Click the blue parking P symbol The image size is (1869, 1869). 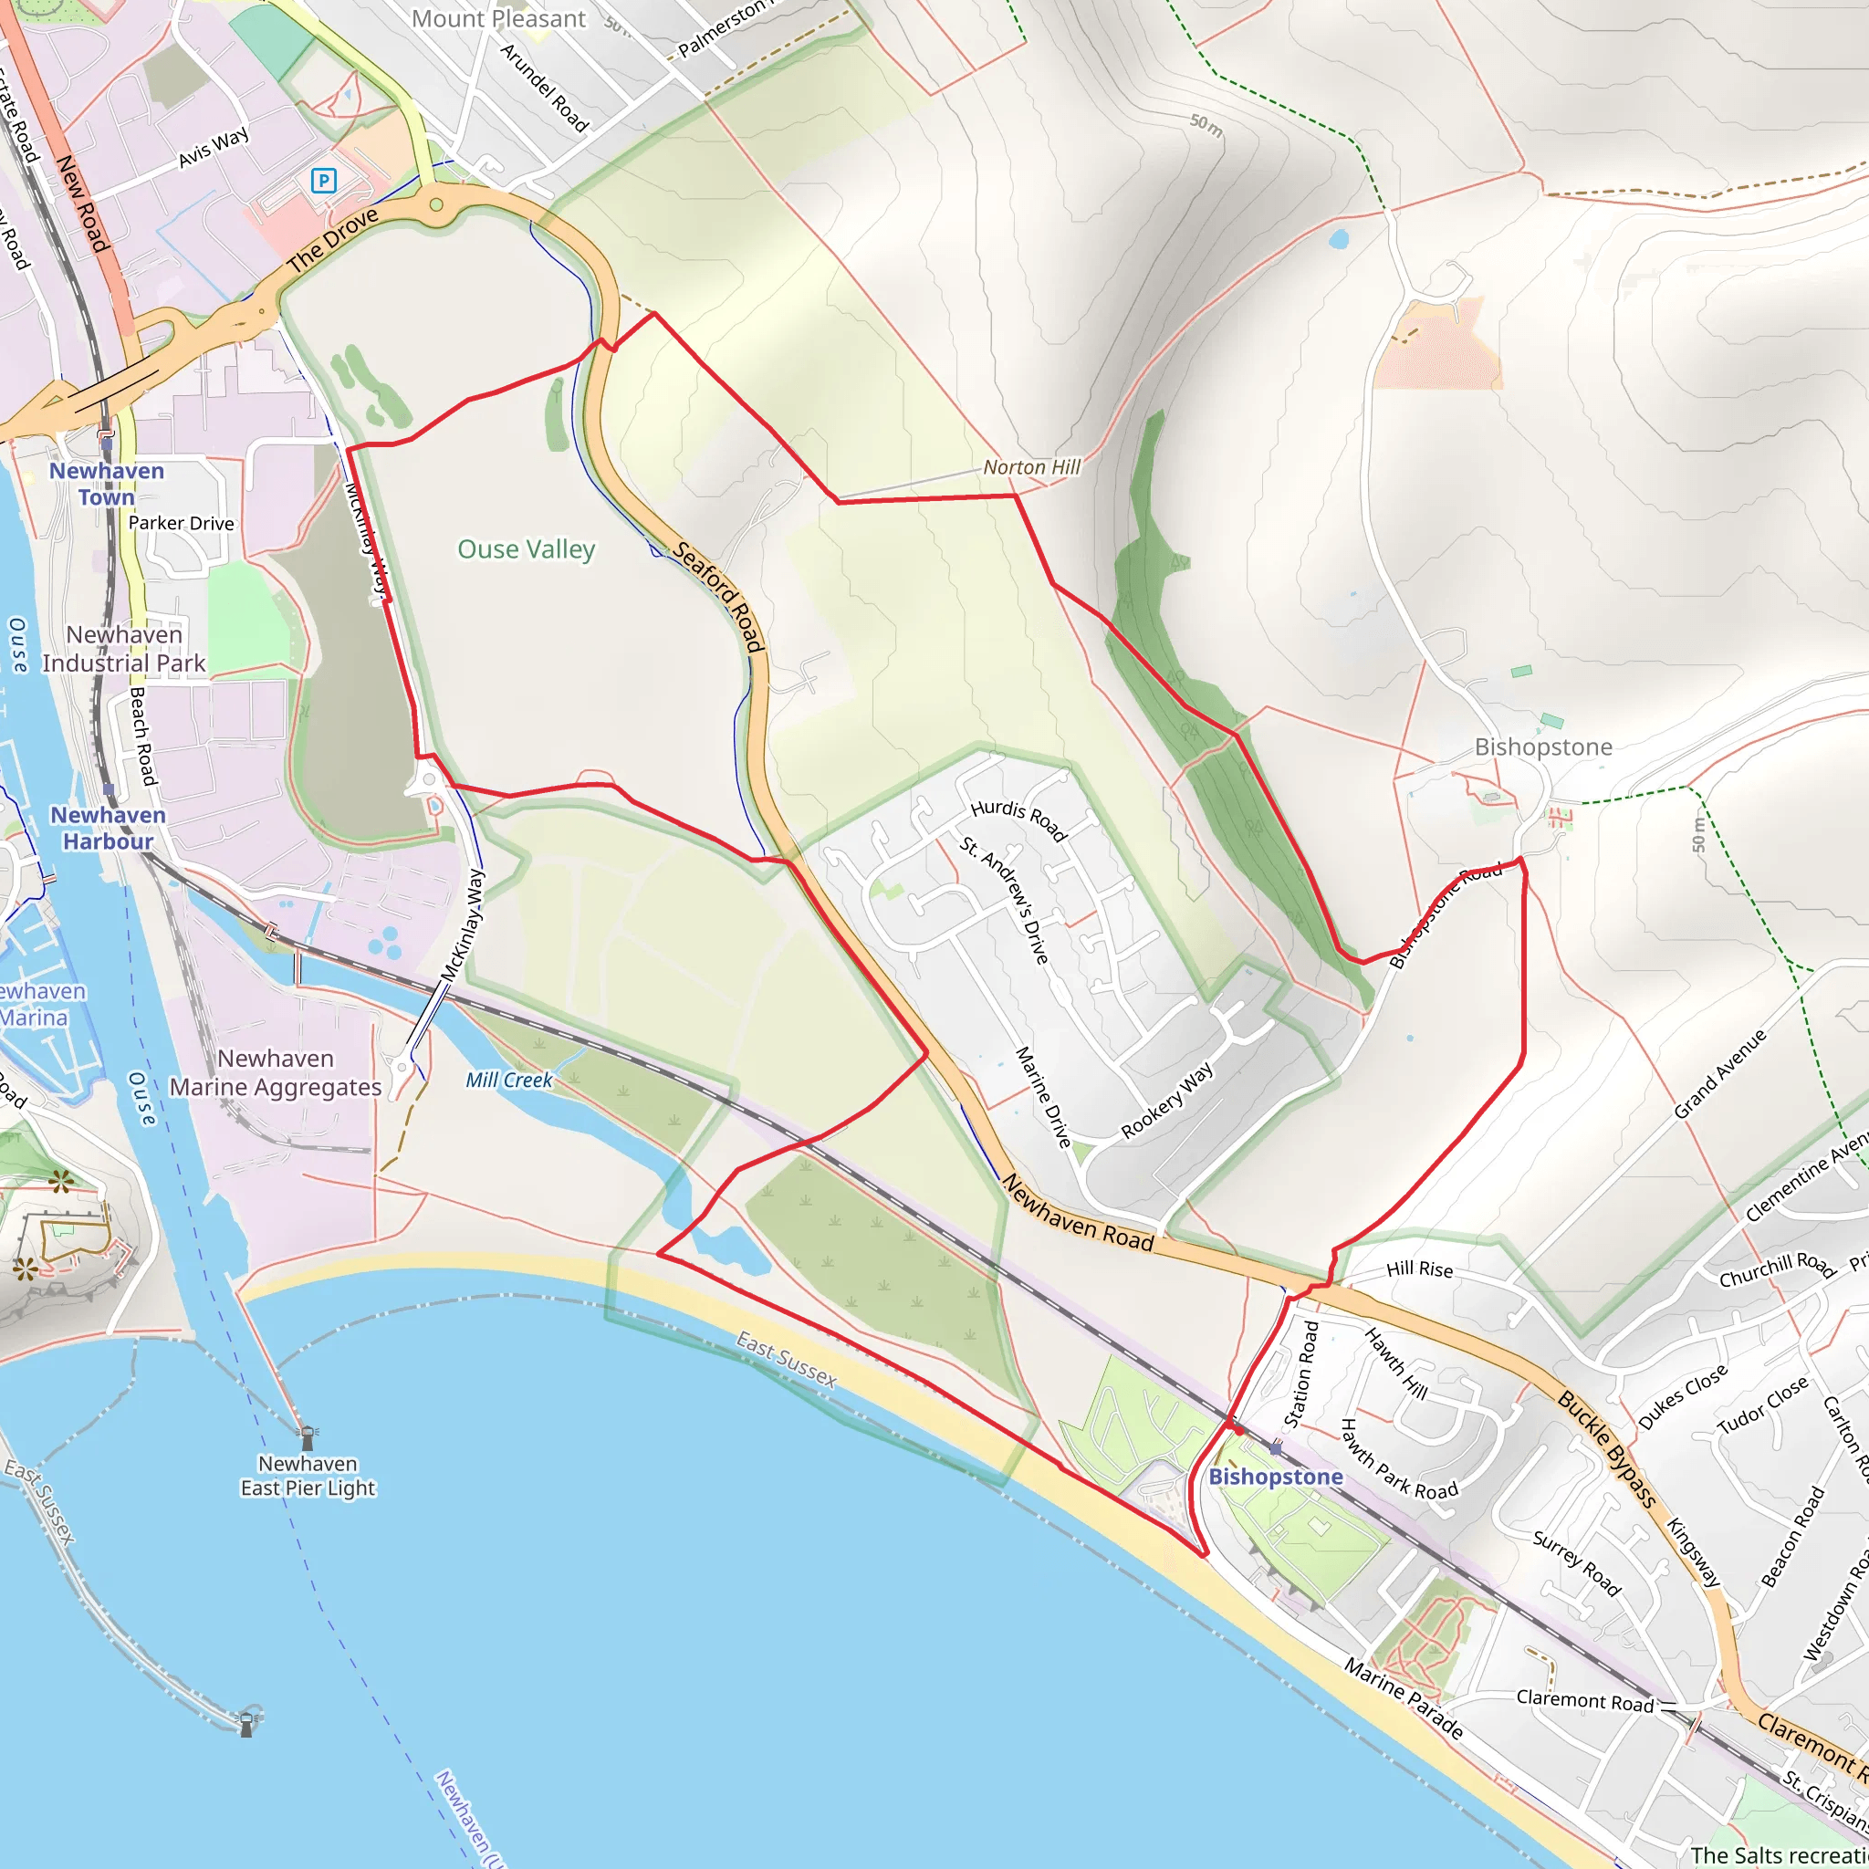click(323, 180)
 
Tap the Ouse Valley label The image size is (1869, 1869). click(527, 549)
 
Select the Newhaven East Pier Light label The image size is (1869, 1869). click(308, 1477)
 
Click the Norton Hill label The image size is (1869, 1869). click(1031, 467)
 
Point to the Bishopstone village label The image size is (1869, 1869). click(1543, 747)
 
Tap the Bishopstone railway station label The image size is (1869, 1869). click(1275, 1477)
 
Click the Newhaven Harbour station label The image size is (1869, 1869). click(108, 828)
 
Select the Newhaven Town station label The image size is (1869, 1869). click(107, 484)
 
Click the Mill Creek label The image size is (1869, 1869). click(509, 1081)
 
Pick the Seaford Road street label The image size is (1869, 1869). click(720, 597)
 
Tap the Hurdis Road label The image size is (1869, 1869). click(1018, 820)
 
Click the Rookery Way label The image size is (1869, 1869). click(1166, 1101)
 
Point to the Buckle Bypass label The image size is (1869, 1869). click(1606, 1448)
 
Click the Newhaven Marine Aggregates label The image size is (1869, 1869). click(276, 1073)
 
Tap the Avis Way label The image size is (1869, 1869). click(213, 147)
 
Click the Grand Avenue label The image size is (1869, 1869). click(1720, 1075)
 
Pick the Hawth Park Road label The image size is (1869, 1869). click(1399, 1460)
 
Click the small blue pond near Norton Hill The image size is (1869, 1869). click(1339, 238)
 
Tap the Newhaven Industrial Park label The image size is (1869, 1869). click(124, 649)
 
